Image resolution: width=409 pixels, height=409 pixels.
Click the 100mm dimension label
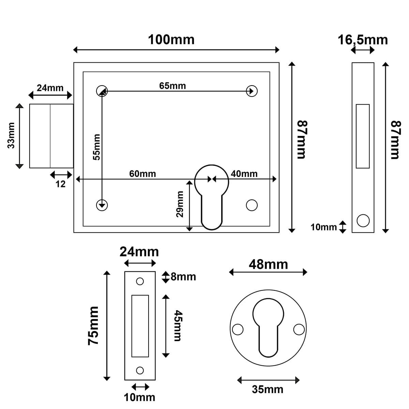click(x=171, y=40)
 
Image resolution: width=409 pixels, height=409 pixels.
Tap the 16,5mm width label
click(x=363, y=40)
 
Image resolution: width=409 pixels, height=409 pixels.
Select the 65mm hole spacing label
click(x=172, y=86)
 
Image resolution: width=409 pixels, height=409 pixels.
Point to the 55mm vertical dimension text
click(x=97, y=147)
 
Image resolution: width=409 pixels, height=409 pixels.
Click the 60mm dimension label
click(x=142, y=174)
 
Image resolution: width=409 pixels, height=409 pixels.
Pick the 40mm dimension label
click(x=244, y=174)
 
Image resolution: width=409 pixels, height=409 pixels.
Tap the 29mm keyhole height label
click(x=180, y=204)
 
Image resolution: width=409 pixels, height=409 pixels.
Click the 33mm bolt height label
click(x=11, y=136)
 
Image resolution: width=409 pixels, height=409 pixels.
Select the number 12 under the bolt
click(x=60, y=184)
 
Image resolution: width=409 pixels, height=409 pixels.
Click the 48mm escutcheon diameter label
click(x=268, y=264)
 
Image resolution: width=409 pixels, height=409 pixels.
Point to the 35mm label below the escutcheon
click(x=268, y=389)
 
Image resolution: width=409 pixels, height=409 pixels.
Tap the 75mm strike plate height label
click(x=93, y=325)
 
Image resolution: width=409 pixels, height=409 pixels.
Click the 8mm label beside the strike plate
click(x=183, y=277)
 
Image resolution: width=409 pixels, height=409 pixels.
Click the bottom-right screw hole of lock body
click(x=252, y=205)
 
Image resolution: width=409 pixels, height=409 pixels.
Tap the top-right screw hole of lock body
click(x=252, y=91)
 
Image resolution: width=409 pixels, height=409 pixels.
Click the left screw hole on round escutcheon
click(x=238, y=330)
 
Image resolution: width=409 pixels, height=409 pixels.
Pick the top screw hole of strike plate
click(x=140, y=281)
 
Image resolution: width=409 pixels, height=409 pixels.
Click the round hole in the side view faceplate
click(x=363, y=220)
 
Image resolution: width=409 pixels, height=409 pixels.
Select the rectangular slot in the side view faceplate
click(x=363, y=136)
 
